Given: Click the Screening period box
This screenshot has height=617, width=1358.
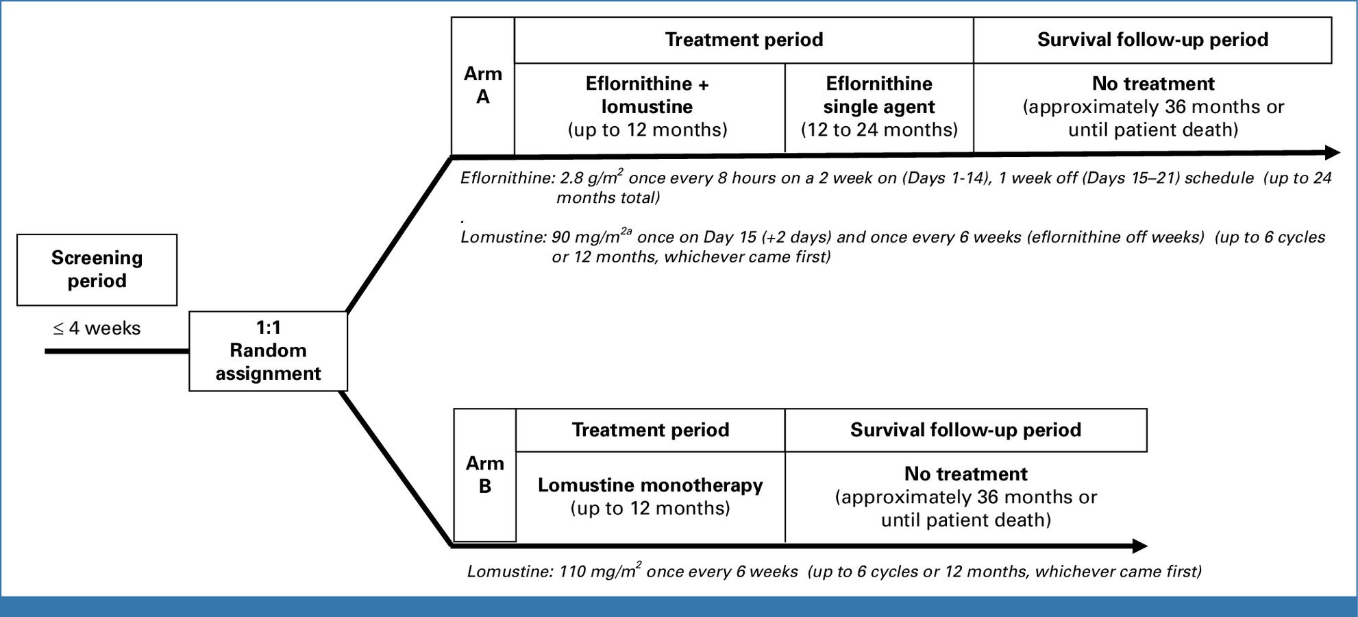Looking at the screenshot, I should [x=97, y=269].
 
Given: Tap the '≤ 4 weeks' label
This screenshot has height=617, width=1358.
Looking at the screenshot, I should [x=97, y=328].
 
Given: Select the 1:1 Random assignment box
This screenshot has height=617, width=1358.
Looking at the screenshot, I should [x=268, y=351].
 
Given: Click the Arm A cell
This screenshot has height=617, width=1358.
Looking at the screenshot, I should [x=482, y=86].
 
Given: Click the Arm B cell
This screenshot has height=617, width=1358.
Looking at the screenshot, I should [x=484, y=474].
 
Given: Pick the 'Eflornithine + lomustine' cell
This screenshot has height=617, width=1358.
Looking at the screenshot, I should [x=647, y=107].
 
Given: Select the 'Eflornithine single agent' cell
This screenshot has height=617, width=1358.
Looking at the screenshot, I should [x=878, y=107].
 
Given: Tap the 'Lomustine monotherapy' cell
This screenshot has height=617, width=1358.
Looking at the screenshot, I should [x=650, y=496].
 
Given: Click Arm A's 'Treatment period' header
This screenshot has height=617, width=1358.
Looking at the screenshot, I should [x=743, y=40].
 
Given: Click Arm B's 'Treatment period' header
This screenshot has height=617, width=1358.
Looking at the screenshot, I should [x=650, y=430].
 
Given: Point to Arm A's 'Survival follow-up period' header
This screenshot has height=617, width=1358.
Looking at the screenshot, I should [x=1152, y=40].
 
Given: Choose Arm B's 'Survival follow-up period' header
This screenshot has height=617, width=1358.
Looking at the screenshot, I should [x=965, y=430].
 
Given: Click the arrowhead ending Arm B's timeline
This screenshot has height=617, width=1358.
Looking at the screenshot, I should [x=1139, y=546].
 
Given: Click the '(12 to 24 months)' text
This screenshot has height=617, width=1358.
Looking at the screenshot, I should [x=878, y=130].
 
